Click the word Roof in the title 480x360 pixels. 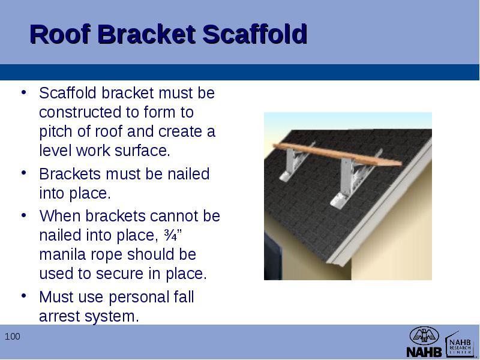coord(60,34)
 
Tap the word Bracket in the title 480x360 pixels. coord(146,34)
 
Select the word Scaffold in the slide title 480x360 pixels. coord(254,34)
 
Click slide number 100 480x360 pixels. coord(13,337)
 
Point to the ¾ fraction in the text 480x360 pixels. coord(170,235)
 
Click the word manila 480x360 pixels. coord(62,254)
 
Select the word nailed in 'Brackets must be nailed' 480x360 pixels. coord(188,174)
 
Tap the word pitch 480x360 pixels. coord(56,132)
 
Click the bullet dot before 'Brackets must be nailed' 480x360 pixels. coord(23,173)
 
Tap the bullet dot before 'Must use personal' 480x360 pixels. coord(23,296)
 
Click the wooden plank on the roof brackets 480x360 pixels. coord(337,154)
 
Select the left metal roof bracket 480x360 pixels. coord(294,162)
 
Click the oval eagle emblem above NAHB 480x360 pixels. coord(424,335)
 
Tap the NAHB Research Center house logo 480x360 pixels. coord(460,344)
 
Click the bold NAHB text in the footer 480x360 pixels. coord(424,352)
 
